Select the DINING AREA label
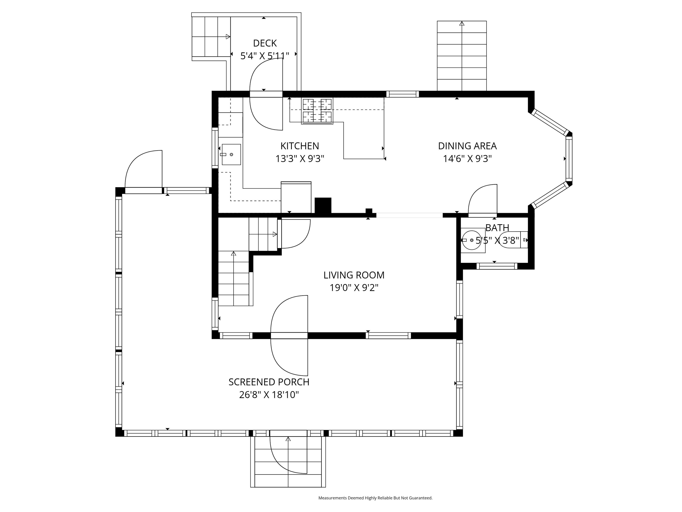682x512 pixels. tap(467, 146)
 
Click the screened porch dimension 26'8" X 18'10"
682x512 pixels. tap(269, 395)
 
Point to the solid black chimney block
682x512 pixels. tap(323, 205)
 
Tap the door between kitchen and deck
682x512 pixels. tap(266, 94)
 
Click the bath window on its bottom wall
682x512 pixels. tap(497, 266)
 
